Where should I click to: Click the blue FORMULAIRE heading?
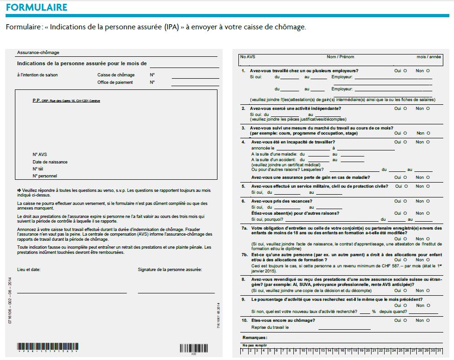tap(37, 7)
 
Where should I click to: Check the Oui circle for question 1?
tap(405, 71)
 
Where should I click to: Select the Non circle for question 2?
tap(428, 109)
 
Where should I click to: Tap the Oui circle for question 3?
tap(405, 133)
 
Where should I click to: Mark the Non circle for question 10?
tap(428, 320)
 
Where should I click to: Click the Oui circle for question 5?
tap(405, 186)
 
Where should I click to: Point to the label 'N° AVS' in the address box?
tap(40, 155)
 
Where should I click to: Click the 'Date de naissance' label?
tap(50, 162)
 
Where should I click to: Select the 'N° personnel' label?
tap(45, 176)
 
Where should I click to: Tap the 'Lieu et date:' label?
tap(29, 269)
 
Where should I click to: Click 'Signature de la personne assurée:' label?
tap(170, 269)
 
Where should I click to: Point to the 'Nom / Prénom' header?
tap(340, 57)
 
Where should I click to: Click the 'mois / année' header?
tap(429, 57)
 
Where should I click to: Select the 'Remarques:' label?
tap(255, 337)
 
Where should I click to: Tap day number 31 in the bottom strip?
tap(439, 350)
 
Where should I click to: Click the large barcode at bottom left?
tap(48, 347)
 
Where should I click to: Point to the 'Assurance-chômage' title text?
tap(38, 53)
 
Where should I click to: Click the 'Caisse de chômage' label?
tap(116, 75)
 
